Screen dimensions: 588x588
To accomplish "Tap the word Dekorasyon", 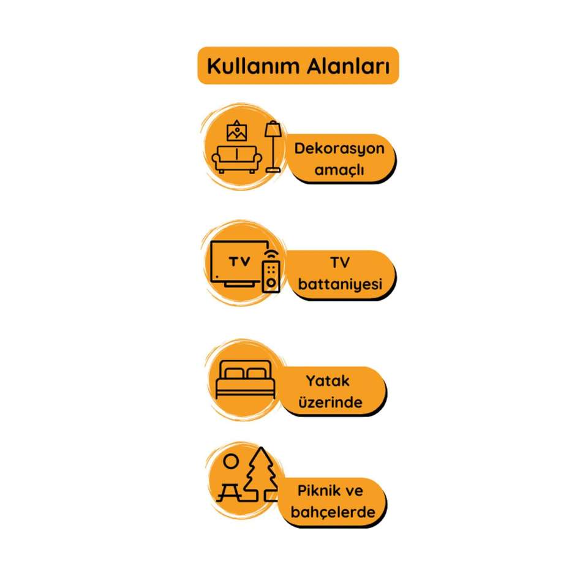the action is click(339, 149).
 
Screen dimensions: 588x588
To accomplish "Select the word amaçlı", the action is click(339, 170).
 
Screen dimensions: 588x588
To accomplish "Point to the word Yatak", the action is click(328, 380).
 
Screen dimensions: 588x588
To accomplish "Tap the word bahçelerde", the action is click(335, 512).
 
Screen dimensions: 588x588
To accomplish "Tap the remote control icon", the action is click(271, 276).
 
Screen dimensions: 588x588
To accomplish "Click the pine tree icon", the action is click(261, 475).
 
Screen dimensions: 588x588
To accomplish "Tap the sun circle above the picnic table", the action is click(230, 461).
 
